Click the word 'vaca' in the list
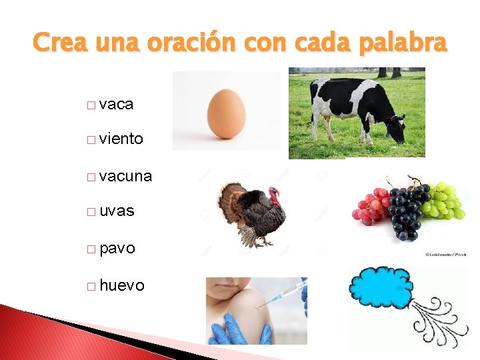[116, 105]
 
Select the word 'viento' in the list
[121, 139]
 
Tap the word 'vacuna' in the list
[125, 177]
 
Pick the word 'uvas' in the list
[117, 211]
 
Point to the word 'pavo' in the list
[117, 249]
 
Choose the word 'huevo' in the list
[121, 286]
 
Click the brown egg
[226, 113]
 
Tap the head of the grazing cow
[396, 129]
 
